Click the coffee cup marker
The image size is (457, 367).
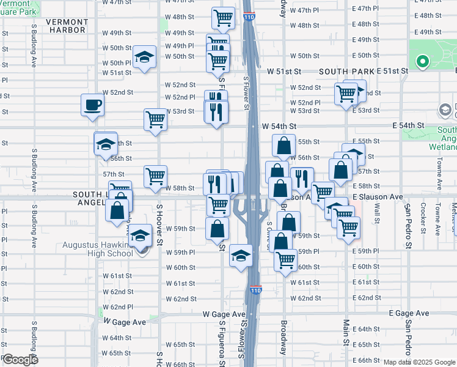(x=92, y=104)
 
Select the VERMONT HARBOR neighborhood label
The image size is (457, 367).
(x=67, y=26)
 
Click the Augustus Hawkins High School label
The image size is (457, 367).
(x=98, y=250)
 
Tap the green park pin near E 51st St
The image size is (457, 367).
(x=422, y=62)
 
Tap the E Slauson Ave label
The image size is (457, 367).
(x=378, y=197)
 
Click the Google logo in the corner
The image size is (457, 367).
(x=20, y=359)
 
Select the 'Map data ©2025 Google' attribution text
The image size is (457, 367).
(x=419, y=362)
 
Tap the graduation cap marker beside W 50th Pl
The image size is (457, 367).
(x=144, y=57)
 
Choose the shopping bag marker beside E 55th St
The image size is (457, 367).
(x=283, y=146)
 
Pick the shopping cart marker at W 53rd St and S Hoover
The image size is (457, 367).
(x=155, y=119)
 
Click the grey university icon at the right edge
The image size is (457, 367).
(x=445, y=111)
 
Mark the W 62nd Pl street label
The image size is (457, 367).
(x=117, y=306)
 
